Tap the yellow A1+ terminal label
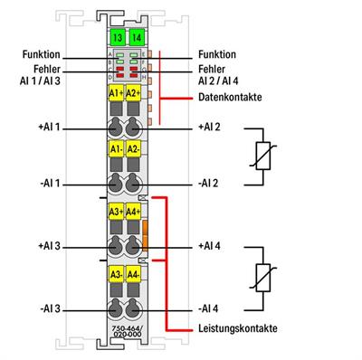pyautogui.click(x=116, y=93)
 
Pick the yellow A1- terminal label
pyautogui.click(x=116, y=148)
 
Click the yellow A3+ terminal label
pyautogui.click(x=116, y=213)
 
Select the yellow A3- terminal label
pyautogui.click(x=116, y=273)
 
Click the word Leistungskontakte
pyautogui.click(x=227, y=327)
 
